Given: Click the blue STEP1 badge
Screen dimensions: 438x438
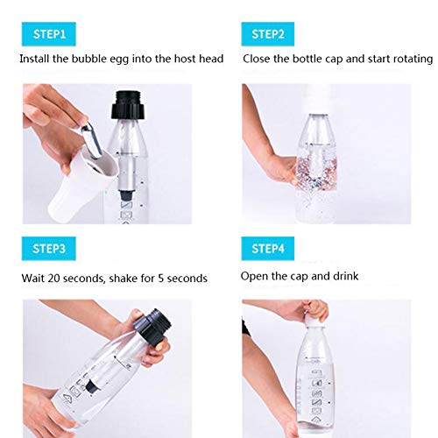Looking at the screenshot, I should point(51,34).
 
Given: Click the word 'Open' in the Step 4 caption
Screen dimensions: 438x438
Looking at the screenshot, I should point(255,276).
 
